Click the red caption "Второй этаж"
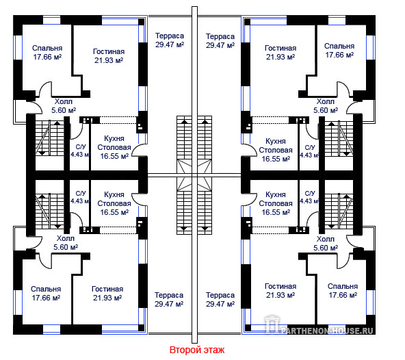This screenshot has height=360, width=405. coord(197,350)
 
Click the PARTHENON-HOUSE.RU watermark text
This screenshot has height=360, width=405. coord(327,331)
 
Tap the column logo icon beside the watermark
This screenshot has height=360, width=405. coord(272,324)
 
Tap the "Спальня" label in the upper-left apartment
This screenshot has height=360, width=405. coord(47,48)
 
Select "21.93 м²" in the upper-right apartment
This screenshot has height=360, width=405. coord(280,57)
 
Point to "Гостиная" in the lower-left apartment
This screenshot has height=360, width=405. coord(107,289)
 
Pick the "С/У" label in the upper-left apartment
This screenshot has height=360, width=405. coord(81,147)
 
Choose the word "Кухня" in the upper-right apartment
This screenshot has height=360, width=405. coord(276,142)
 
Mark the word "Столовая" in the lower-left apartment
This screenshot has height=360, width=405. coord(114,203)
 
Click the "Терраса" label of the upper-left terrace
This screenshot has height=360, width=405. coord(170,36)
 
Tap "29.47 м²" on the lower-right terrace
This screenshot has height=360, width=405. coord(220,304)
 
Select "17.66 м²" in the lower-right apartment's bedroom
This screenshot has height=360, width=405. coord(343,295)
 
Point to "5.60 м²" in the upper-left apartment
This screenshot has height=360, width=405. coord(64,110)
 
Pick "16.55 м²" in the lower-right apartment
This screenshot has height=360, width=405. coord(276,212)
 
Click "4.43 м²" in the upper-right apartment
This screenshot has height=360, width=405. coord(310,155)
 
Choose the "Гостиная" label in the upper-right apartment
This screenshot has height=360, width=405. coord(280,48)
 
